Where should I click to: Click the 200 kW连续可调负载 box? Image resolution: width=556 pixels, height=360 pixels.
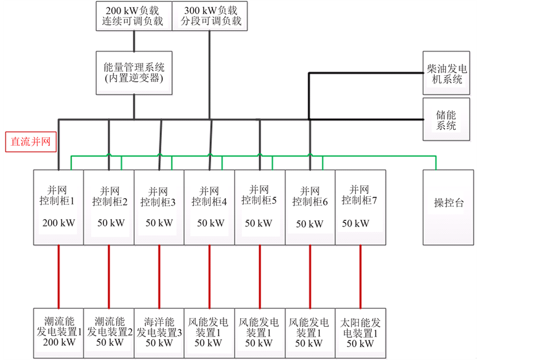click(133, 15)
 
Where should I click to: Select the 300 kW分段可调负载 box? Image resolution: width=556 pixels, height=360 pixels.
click(210, 15)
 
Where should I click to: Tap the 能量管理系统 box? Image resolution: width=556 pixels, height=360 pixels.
click(134, 73)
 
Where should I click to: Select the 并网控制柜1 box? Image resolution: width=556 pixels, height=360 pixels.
click(58, 207)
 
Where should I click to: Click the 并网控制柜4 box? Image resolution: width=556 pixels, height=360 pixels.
click(209, 207)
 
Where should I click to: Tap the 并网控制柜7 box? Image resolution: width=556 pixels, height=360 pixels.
click(360, 207)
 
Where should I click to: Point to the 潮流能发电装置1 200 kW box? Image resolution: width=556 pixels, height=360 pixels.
click(58, 332)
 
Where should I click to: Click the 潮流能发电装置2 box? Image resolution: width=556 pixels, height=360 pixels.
click(109, 332)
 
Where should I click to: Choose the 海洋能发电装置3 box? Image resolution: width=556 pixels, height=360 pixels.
click(159, 332)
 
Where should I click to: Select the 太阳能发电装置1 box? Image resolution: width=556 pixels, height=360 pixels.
click(360, 332)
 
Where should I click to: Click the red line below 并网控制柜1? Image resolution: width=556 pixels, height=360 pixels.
click(58, 277)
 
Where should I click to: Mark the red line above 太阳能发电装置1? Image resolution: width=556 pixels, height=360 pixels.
click(360, 277)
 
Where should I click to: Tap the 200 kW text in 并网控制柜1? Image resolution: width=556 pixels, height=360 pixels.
click(58, 223)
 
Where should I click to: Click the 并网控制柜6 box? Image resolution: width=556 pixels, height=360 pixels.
click(310, 207)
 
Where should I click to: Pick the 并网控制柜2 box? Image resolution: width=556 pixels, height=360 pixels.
click(109, 207)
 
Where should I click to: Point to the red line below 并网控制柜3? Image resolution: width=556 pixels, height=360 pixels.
click(159, 277)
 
